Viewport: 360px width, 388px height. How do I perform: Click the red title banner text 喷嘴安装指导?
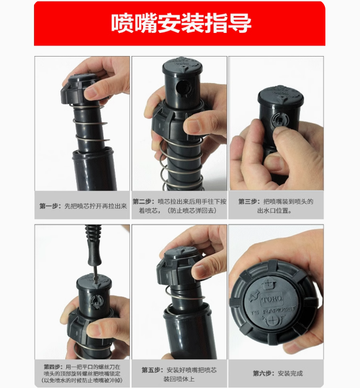[181, 23]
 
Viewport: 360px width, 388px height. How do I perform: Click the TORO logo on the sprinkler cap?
[272, 299]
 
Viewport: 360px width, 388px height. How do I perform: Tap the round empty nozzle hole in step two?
[182, 87]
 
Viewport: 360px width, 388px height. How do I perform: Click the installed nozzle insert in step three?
[280, 120]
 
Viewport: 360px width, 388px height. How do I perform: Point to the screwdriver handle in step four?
[93, 245]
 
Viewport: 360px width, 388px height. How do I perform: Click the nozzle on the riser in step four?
[96, 301]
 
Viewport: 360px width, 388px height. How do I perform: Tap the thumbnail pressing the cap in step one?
[90, 94]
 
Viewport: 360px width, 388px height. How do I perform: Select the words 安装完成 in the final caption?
[290, 374]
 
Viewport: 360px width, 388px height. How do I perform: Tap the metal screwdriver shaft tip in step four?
[96, 280]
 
